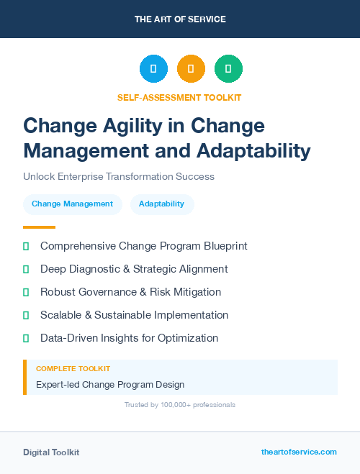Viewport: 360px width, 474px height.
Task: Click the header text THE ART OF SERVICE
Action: point(180,19)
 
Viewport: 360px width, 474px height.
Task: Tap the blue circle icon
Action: point(153,69)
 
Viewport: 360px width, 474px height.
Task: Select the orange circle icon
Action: point(191,69)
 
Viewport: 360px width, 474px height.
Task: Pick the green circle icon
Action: point(228,69)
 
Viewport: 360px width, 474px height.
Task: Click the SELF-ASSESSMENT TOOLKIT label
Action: point(180,97)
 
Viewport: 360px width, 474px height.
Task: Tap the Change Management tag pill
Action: point(72,204)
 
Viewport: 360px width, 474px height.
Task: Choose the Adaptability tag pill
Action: point(161,204)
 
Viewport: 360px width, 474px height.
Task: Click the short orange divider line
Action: point(39,227)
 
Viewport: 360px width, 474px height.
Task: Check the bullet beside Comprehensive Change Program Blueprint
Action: point(26,246)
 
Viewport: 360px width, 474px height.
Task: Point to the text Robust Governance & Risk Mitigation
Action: point(130,292)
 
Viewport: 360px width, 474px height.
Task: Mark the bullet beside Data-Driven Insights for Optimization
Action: point(26,338)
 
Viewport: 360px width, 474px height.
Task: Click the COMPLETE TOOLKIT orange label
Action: point(73,368)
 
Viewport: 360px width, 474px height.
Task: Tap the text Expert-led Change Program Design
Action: point(110,385)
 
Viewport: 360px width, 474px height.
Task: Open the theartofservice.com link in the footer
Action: point(299,452)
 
